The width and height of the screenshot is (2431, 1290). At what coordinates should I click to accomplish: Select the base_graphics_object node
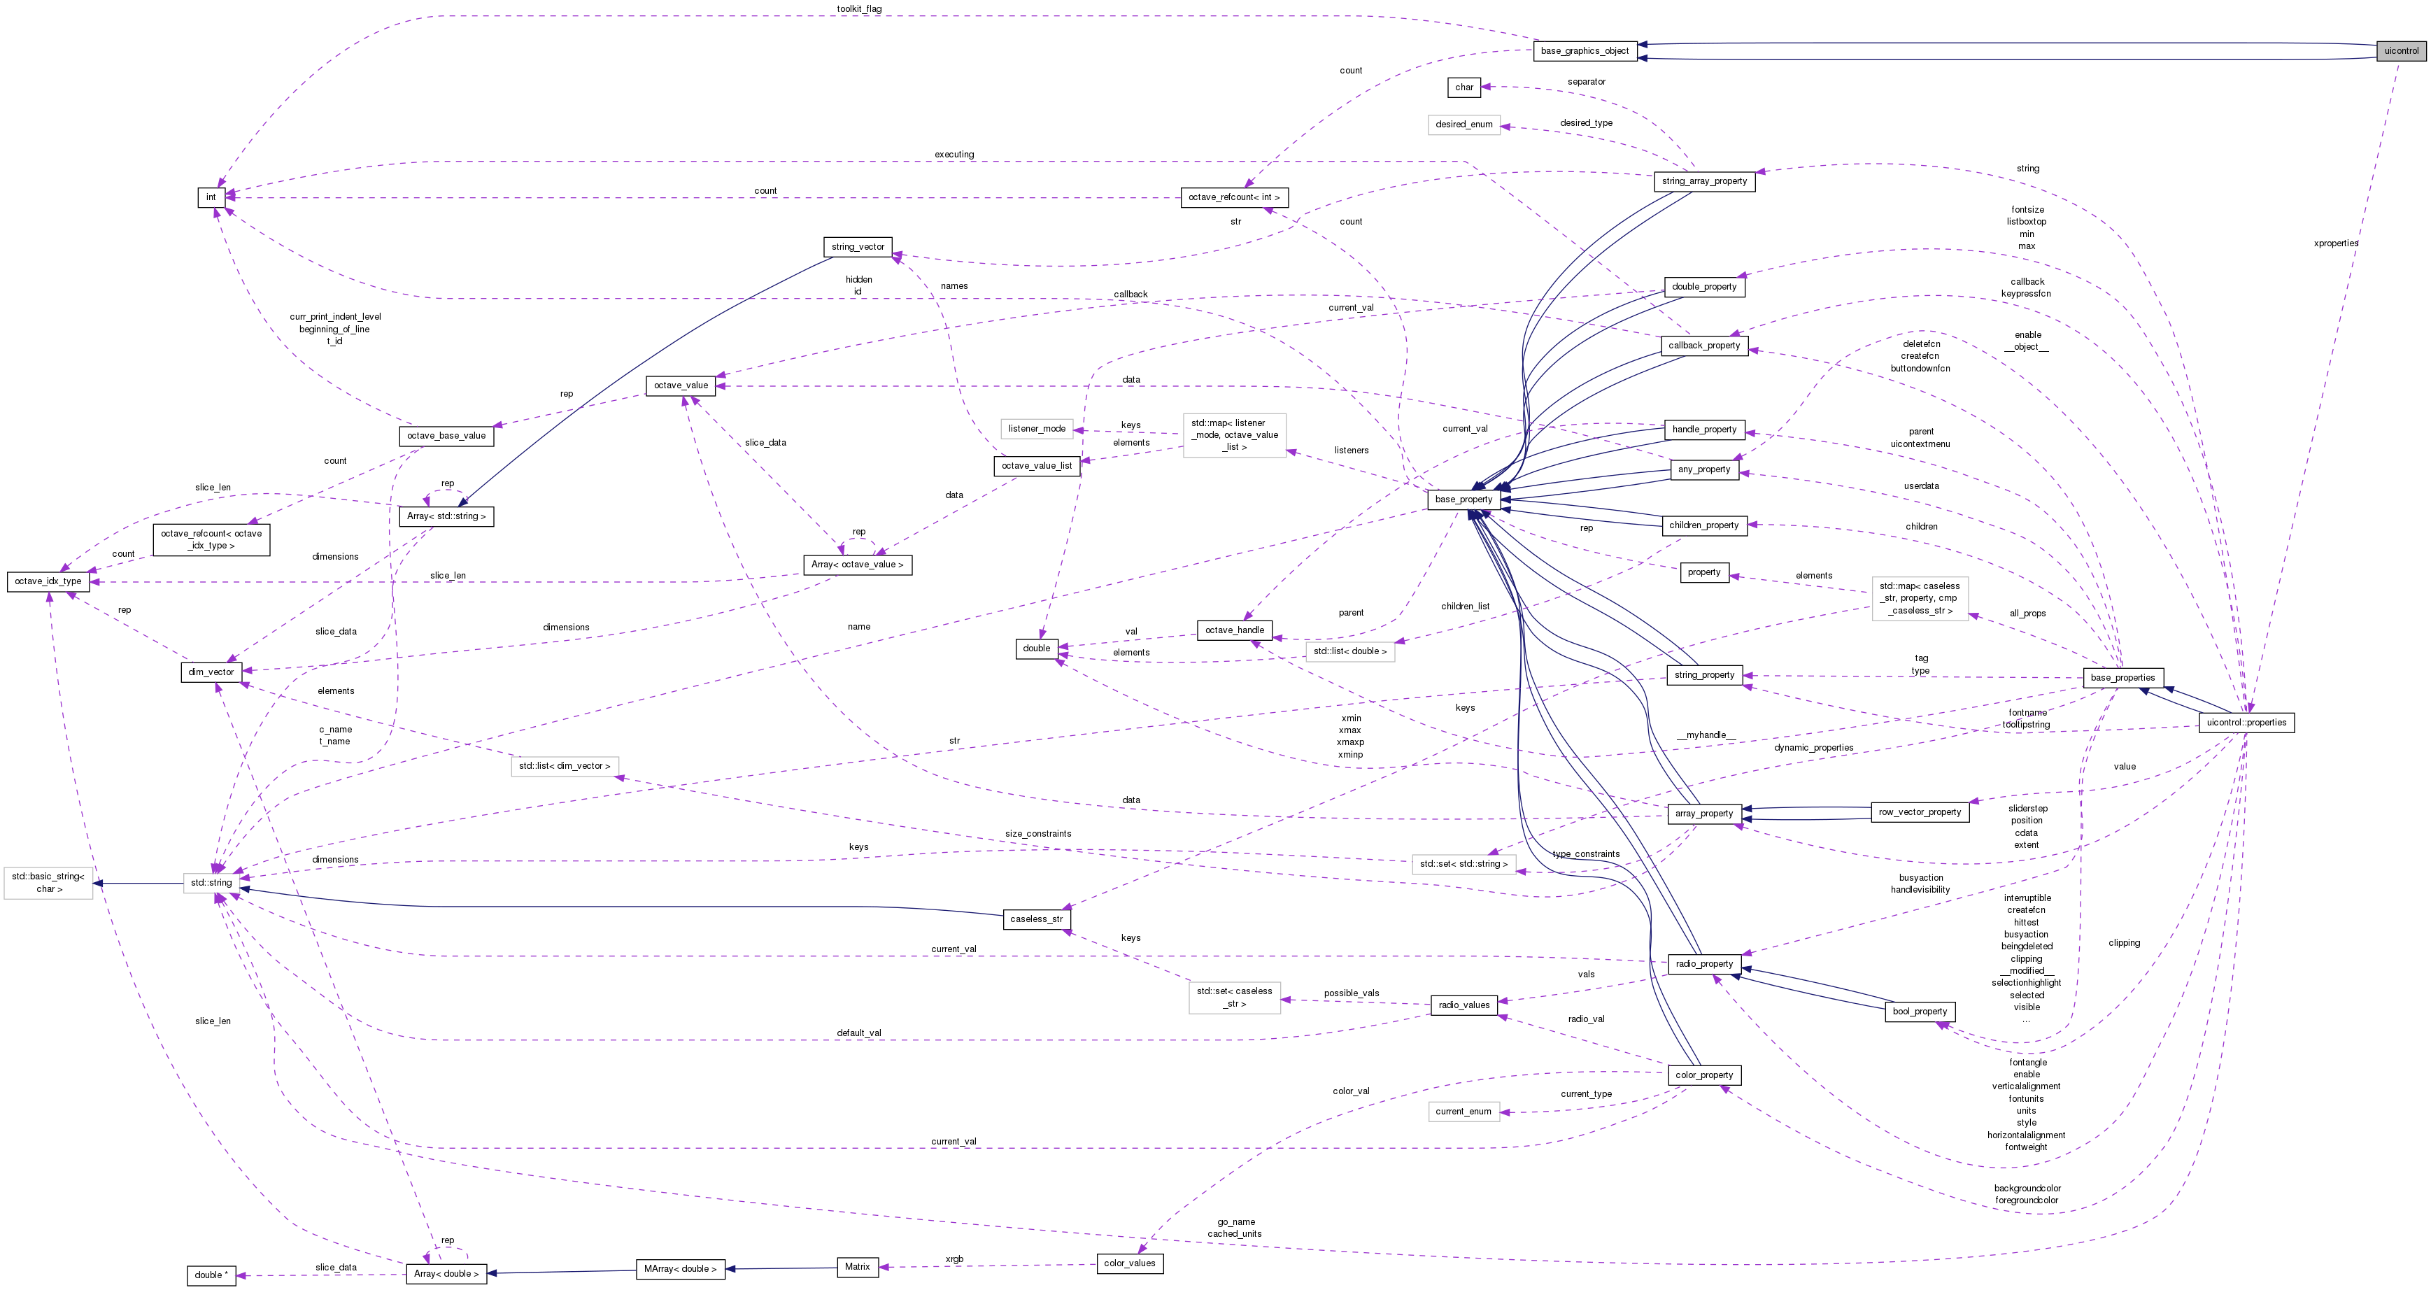(x=1585, y=51)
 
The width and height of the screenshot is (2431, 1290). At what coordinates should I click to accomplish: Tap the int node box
(x=211, y=197)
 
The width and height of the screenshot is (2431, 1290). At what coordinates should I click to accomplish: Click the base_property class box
(x=1463, y=499)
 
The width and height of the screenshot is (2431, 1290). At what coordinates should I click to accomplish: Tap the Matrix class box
(x=857, y=1266)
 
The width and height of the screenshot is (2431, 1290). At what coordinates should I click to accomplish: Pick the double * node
(x=208, y=1275)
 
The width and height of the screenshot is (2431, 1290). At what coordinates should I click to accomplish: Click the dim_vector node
(x=211, y=672)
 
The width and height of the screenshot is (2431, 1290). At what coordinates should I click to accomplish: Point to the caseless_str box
(x=1035, y=919)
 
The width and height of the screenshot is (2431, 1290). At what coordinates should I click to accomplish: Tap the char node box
(x=1463, y=87)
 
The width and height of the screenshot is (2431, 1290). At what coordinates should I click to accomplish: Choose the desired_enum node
(x=1463, y=125)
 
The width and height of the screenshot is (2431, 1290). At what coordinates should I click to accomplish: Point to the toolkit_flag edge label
(x=859, y=9)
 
